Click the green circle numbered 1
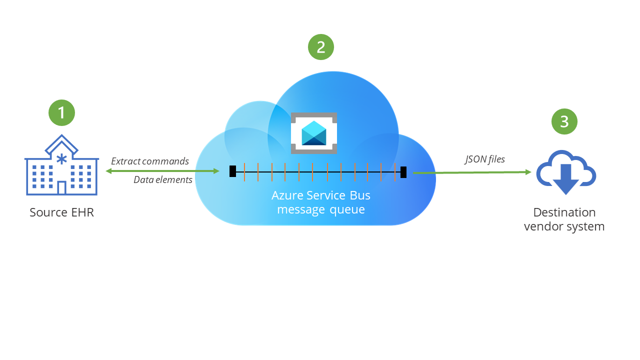[61, 112]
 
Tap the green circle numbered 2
[320, 47]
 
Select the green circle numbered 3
[564, 121]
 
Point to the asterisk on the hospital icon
[61, 159]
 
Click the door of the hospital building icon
[61, 188]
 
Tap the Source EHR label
[61, 212]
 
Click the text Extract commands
[150, 161]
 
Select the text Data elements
[163, 180]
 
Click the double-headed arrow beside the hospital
[162, 171]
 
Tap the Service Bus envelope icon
[314, 133]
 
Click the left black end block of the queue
[232, 171]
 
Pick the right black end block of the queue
[403, 172]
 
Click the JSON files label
[485, 159]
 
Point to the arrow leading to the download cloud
[472, 172]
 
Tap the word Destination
[564, 212]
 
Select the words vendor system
[564, 226]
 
